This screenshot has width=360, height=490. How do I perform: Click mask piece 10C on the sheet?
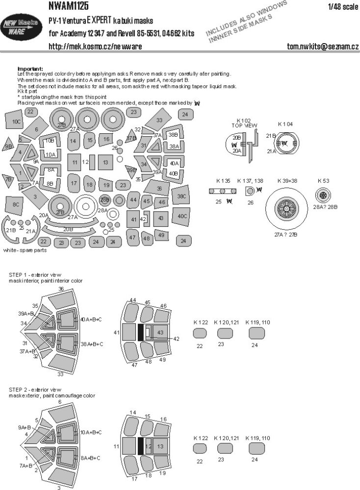[16, 121]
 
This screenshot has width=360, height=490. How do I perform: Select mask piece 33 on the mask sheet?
[160, 120]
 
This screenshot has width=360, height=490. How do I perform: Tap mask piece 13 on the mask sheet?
[105, 162]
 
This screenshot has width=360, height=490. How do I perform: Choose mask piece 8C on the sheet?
[16, 204]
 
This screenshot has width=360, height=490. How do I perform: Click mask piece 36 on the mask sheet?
[160, 189]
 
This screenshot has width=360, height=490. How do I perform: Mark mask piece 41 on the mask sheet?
[133, 219]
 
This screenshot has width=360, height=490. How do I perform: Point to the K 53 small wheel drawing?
[323, 196]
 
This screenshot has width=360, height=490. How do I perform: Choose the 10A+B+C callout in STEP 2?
[91, 432]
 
